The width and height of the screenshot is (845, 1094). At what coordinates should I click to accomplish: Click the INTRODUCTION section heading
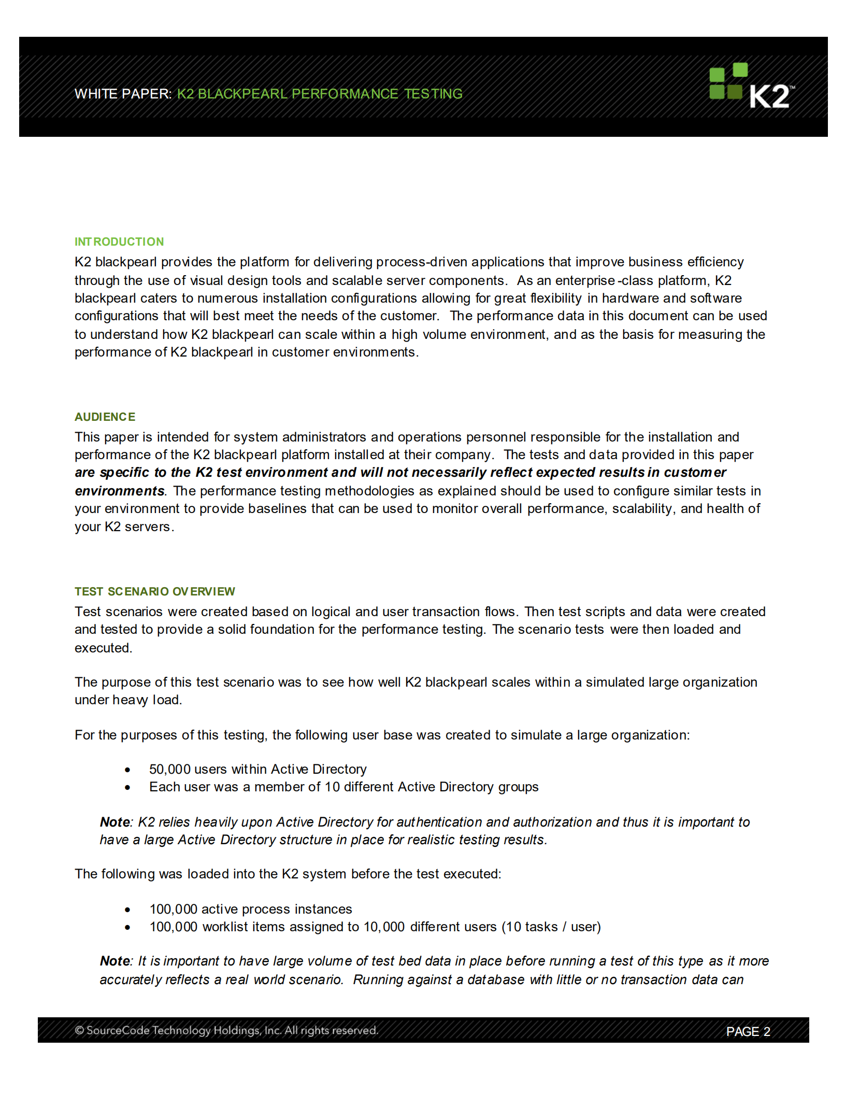(x=119, y=242)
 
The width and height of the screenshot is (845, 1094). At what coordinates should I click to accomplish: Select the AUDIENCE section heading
(x=105, y=417)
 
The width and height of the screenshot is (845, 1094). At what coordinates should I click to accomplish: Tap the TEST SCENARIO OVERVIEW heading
(x=154, y=592)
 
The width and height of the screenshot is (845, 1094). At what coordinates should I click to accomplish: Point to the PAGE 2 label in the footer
(x=748, y=1032)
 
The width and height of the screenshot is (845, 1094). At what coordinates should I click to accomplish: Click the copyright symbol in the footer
(x=79, y=1030)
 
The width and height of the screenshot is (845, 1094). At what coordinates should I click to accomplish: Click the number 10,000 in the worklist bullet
(x=384, y=927)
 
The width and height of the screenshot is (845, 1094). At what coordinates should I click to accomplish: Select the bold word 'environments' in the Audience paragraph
(x=120, y=491)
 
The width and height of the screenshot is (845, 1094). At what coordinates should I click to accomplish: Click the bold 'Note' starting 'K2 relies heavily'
(x=115, y=822)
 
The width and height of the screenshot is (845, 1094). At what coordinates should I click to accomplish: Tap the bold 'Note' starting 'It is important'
(x=115, y=961)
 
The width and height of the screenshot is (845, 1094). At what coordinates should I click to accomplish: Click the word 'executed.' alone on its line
(x=104, y=648)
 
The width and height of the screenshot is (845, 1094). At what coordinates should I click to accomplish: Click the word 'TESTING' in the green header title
(x=433, y=94)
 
